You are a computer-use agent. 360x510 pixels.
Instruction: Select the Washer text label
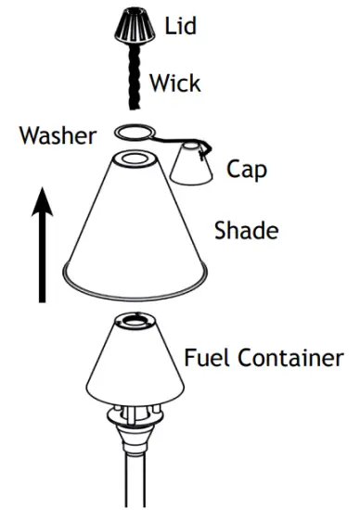[57, 137]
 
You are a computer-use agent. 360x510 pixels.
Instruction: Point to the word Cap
[245, 170]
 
